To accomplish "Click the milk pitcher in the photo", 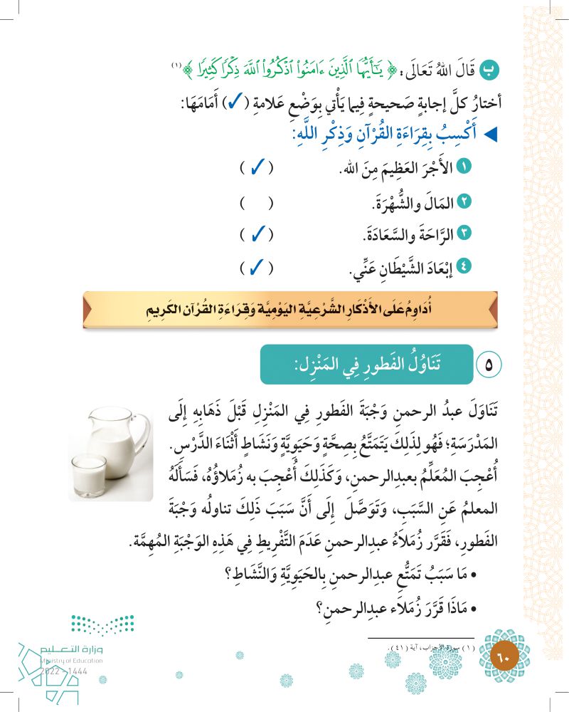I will (x=122, y=441).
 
